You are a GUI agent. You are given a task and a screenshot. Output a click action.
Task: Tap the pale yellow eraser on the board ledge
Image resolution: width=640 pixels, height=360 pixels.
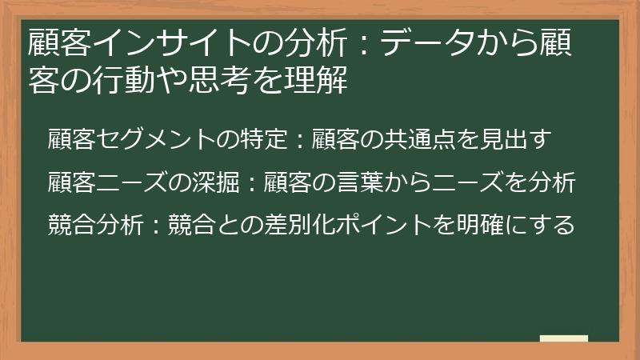[563, 338]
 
